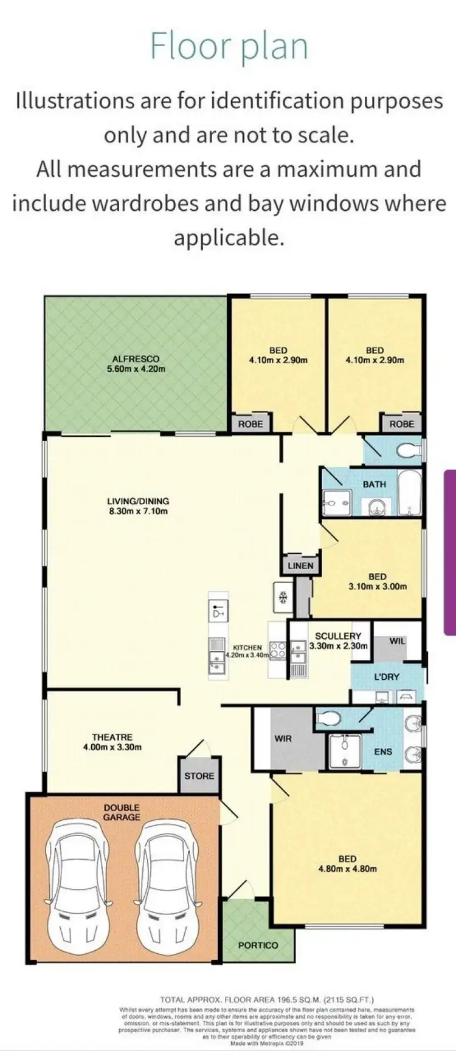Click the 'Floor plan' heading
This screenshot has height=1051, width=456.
coord(229,46)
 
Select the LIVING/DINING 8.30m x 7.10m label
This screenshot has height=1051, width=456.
coord(137,506)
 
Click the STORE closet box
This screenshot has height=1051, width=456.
coord(199,776)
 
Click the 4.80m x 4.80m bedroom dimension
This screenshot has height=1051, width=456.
coord(347,869)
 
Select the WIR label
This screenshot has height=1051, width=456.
coord(283,739)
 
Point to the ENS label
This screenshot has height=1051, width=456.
coord(383,751)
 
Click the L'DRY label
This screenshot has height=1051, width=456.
coord(387,676)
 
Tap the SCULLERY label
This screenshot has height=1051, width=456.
coord(338,636)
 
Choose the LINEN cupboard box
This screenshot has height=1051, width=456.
coord(301,566)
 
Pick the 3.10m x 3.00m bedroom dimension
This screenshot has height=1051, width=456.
coord(378,587)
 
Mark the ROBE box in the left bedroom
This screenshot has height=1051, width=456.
coord(250,423)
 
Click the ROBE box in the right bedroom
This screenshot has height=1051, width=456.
coord(401,423)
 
